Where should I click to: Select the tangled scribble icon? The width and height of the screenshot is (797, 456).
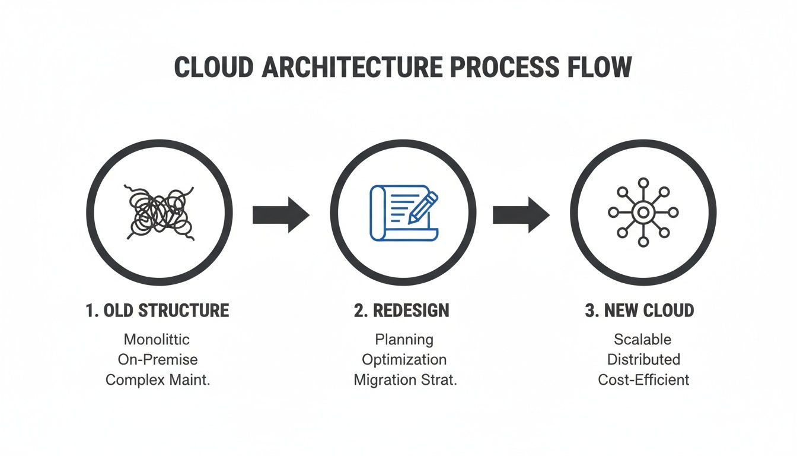(159, 213)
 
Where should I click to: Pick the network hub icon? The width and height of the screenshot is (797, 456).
(643, 213)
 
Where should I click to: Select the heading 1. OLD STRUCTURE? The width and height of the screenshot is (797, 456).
(158, 311)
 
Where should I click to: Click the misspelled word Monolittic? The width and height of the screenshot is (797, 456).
(157, 340)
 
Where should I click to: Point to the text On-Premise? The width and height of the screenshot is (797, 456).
(158, 360)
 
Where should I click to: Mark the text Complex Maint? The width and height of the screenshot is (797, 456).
(158, 380)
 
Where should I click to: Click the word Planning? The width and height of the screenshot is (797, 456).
(404, 340)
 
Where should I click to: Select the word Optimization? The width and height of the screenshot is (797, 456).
(404, 360)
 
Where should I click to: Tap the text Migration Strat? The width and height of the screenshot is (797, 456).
(405, 380)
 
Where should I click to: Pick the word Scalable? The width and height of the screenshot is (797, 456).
(643, 340)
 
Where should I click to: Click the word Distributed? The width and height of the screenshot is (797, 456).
(643, 360)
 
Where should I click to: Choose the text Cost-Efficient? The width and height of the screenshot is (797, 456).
(643, 380)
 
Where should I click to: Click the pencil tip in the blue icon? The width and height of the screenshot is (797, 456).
(410, 221)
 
